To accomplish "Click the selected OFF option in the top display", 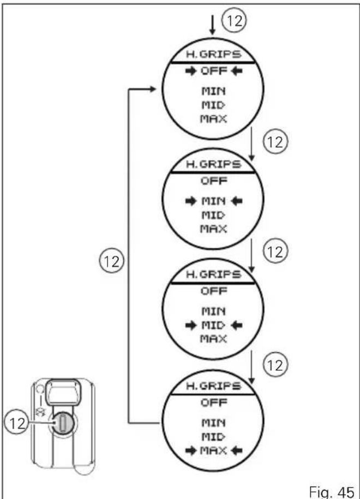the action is [214, 71].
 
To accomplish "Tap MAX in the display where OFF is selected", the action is [214, 119].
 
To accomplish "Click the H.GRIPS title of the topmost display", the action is [214, 54].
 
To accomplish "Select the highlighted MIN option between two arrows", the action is [214, 201].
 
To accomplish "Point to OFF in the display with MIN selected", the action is [214, 181].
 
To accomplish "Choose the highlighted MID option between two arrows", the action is [214, 325].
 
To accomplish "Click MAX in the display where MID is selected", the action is [214, 339].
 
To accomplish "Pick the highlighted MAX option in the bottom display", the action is [214, 450].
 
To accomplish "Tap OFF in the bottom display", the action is [214, 402].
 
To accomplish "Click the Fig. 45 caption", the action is [332, 491].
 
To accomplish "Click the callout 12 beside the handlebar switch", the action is [17, 423].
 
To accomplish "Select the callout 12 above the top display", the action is [234, 21].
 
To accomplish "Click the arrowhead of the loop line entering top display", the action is [153, 89].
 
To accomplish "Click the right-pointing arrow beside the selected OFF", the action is [191, 71].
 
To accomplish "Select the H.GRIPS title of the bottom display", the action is [214, 386].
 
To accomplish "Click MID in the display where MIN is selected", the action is [214, 215].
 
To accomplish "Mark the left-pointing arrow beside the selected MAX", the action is [237, 450].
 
